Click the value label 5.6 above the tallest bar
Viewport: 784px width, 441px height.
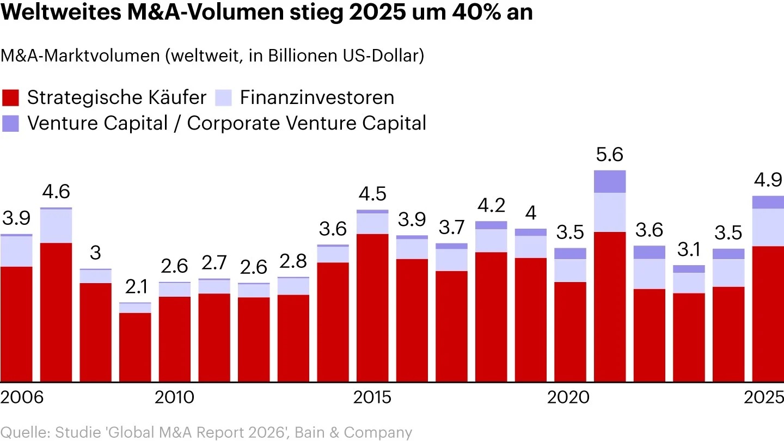point(610,156)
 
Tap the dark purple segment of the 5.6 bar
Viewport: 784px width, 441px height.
point(610,181)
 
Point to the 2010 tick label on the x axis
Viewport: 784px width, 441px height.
point(174,397)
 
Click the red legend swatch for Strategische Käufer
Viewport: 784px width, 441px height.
point(11,98)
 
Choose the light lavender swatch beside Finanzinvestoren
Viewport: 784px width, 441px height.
point(224,98)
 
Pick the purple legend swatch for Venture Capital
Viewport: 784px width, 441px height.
point(11,123)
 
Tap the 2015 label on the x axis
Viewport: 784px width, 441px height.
point(372,397)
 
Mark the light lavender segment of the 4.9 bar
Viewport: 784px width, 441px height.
point(768,228)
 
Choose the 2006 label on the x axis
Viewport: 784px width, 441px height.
point(22,397)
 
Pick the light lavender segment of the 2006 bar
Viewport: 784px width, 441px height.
point(16,251)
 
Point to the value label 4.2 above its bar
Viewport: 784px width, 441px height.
point(491,206)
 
